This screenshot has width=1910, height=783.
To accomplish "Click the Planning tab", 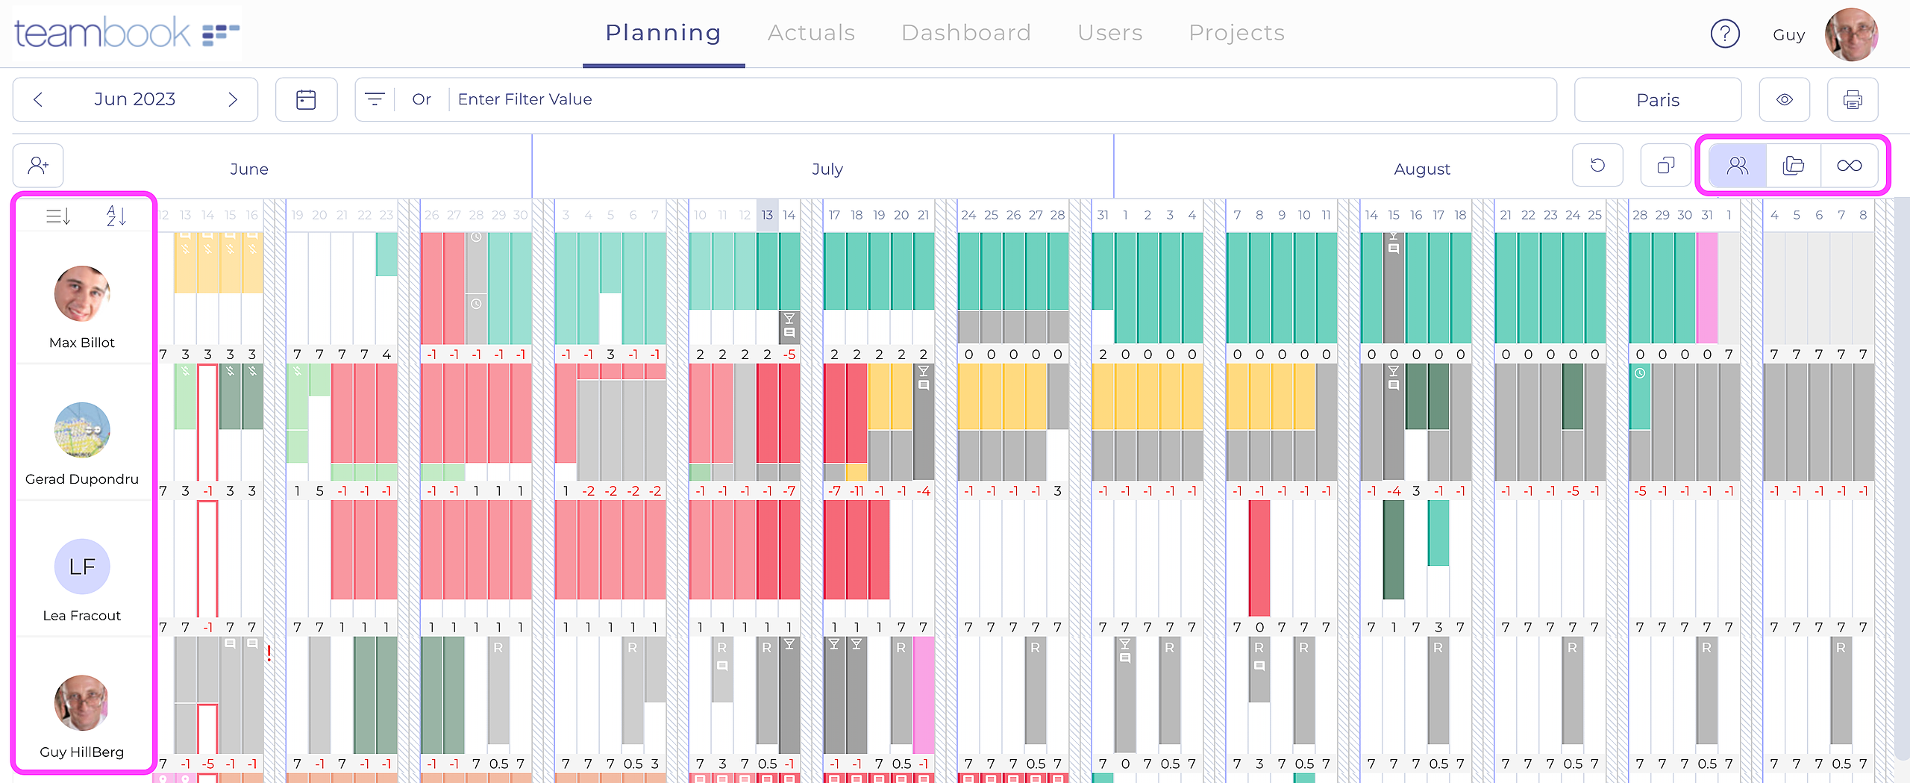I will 663,33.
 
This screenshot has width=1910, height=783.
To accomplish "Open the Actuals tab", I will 811,33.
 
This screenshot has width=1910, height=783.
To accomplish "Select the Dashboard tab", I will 965,33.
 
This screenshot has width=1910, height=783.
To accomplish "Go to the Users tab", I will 1109,33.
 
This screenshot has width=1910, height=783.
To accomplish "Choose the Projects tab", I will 1236,33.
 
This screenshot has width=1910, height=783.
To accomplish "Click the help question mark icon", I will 1725,34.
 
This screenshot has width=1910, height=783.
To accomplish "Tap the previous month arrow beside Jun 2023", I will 39,99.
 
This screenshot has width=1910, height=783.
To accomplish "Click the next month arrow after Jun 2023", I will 233,99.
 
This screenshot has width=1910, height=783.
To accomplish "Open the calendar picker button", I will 306,99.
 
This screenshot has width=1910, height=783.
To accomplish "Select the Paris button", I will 1657,100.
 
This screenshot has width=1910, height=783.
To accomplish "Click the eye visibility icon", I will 1784,100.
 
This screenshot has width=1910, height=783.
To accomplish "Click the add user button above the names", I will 38,165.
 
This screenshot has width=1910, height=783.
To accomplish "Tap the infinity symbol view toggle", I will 1849,166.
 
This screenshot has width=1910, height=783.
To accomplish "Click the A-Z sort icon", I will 116,216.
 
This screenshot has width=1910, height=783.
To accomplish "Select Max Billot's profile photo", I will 82,293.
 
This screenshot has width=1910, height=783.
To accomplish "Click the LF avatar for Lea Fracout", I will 82,567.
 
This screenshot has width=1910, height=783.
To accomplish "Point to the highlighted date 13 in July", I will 767,215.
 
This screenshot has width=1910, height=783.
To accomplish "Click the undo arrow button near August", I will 1597,165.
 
